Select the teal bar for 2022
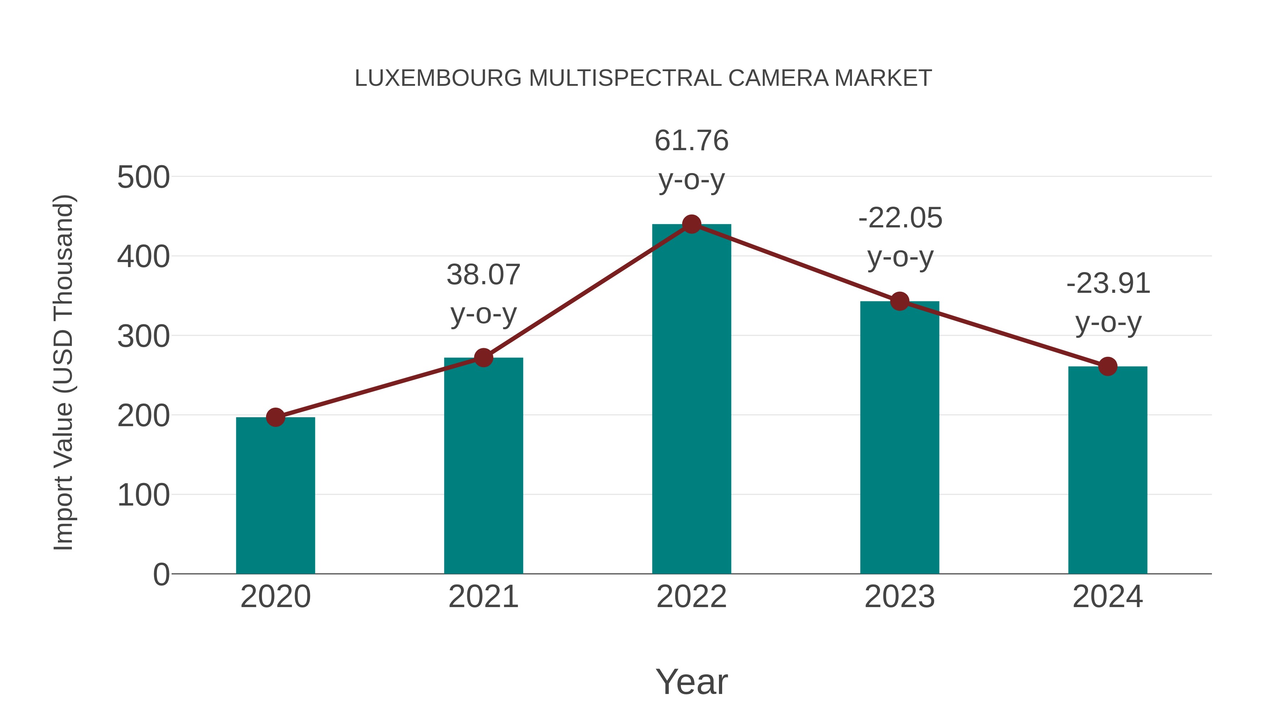tap(691, 400)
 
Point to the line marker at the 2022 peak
tap(691, 224)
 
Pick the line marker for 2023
tap(899, 301)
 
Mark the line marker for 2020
tap(275, 417)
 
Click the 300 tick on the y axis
tap(143, 336)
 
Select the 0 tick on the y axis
tap(161, 574)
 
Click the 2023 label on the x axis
tap(899, 597)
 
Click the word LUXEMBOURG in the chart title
tap(438, 78)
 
